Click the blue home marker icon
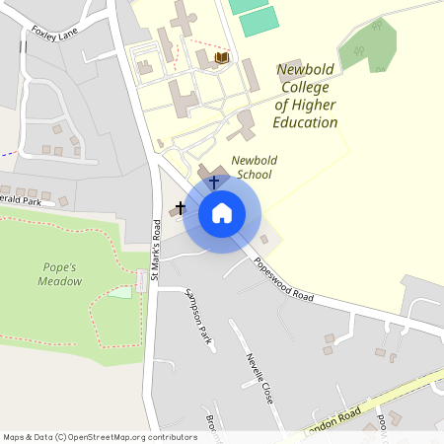[222, 213]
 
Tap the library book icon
[221, 59]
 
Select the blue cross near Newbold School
[214, 183]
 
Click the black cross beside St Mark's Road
[180, 209]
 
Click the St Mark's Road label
[156, 252]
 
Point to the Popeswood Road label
[283, 280]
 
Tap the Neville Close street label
[259, 378]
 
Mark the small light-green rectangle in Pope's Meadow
[119, 292]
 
